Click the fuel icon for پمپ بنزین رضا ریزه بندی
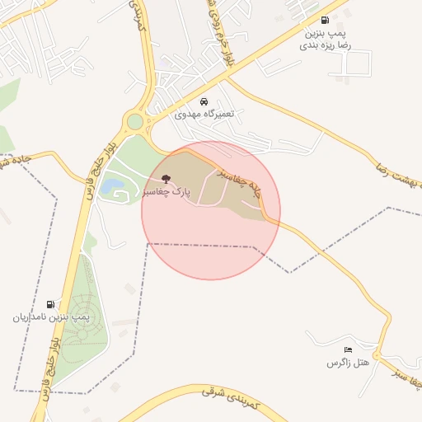pyautogui.click(x=324, y=21)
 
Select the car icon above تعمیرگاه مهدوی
pyautogui.click(x=204, y=102)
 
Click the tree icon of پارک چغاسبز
pyautogui.click(x=166, y=178)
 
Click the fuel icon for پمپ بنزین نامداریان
pyautogui.click(x=52, y=303)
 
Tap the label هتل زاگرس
pyautogui.click(x=347, y=363)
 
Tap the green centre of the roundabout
pyautogui.click(x=134, y=122)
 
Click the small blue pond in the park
pyautogui.click(x=108, y=187)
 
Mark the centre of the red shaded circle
pyautogui.click(x=211, y=210)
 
